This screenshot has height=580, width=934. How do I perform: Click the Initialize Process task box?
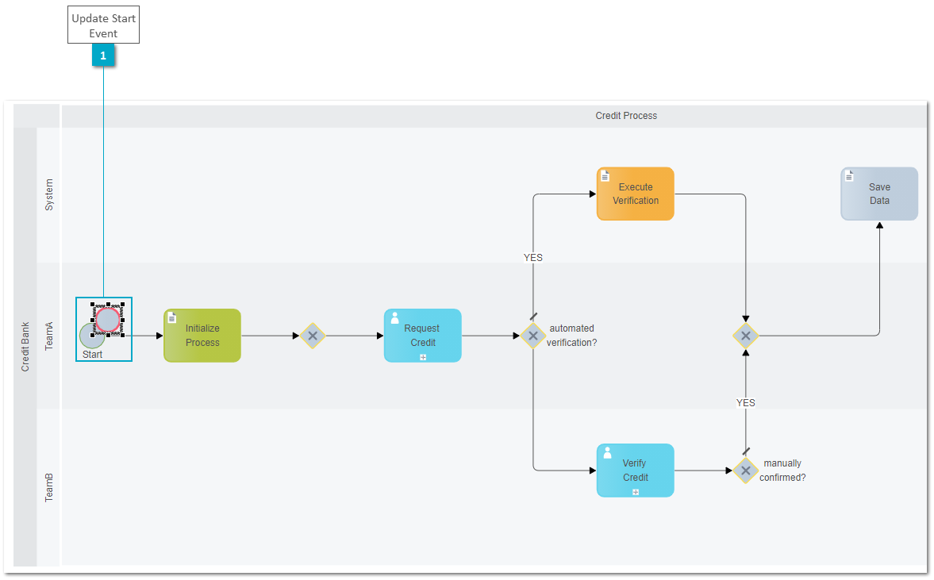(202, 336)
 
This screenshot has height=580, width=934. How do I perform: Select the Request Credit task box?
(423, 336)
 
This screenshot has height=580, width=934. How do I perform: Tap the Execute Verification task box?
(636, 194)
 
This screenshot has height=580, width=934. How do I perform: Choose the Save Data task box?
(879, 194)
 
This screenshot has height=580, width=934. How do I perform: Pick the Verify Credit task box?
(636, 471)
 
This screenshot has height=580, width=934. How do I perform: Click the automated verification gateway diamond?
(533, 336)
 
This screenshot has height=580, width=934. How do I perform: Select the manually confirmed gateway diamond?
(746, 471)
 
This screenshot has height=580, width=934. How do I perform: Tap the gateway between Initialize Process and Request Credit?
(313, 336)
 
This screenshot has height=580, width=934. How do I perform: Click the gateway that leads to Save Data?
(746, 336)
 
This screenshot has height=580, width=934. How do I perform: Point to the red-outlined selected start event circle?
(108, 320)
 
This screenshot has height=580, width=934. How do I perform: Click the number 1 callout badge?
(103, 56)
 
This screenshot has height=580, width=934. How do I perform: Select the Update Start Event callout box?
(104, 25)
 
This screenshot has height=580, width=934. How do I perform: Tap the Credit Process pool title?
(626, 116)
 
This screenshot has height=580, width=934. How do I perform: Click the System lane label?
(49, 194)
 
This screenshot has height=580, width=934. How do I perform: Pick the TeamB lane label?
(49, 487)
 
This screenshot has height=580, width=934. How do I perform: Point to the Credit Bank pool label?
(25, 347)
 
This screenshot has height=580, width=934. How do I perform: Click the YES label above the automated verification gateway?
(533, 257)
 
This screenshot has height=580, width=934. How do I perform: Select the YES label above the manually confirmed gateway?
(746, 402)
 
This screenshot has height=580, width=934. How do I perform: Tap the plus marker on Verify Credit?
(636, 492)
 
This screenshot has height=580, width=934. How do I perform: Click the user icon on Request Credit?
(394, 319)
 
